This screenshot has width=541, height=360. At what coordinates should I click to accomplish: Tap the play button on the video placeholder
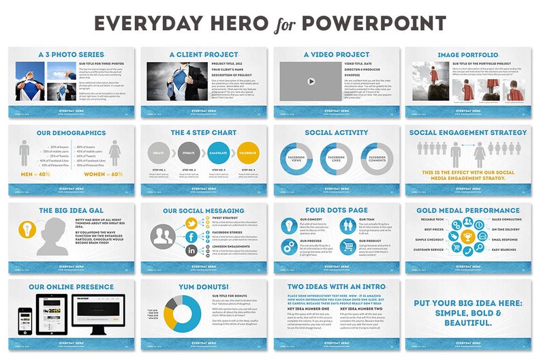pyautogui.click(x=310, y=81)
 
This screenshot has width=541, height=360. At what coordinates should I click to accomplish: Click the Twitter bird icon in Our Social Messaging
pyautogui.click(x=193, y=224)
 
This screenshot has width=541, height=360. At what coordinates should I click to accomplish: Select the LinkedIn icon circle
pyautogui.click(x=192, y=252)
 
